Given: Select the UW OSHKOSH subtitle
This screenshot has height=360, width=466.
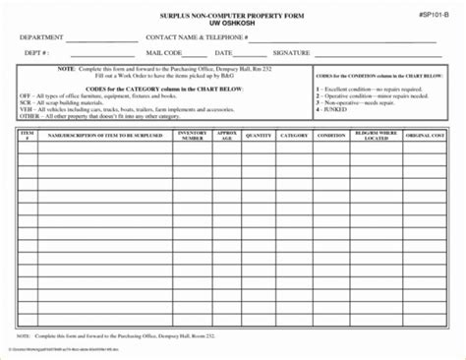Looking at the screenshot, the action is click(233, 26).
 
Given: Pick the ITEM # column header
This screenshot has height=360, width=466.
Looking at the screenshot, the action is click(27, 138).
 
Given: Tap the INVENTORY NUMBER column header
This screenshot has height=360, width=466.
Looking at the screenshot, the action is click(191, 138).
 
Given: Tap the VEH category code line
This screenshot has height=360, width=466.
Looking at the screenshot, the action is click(108, 111).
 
